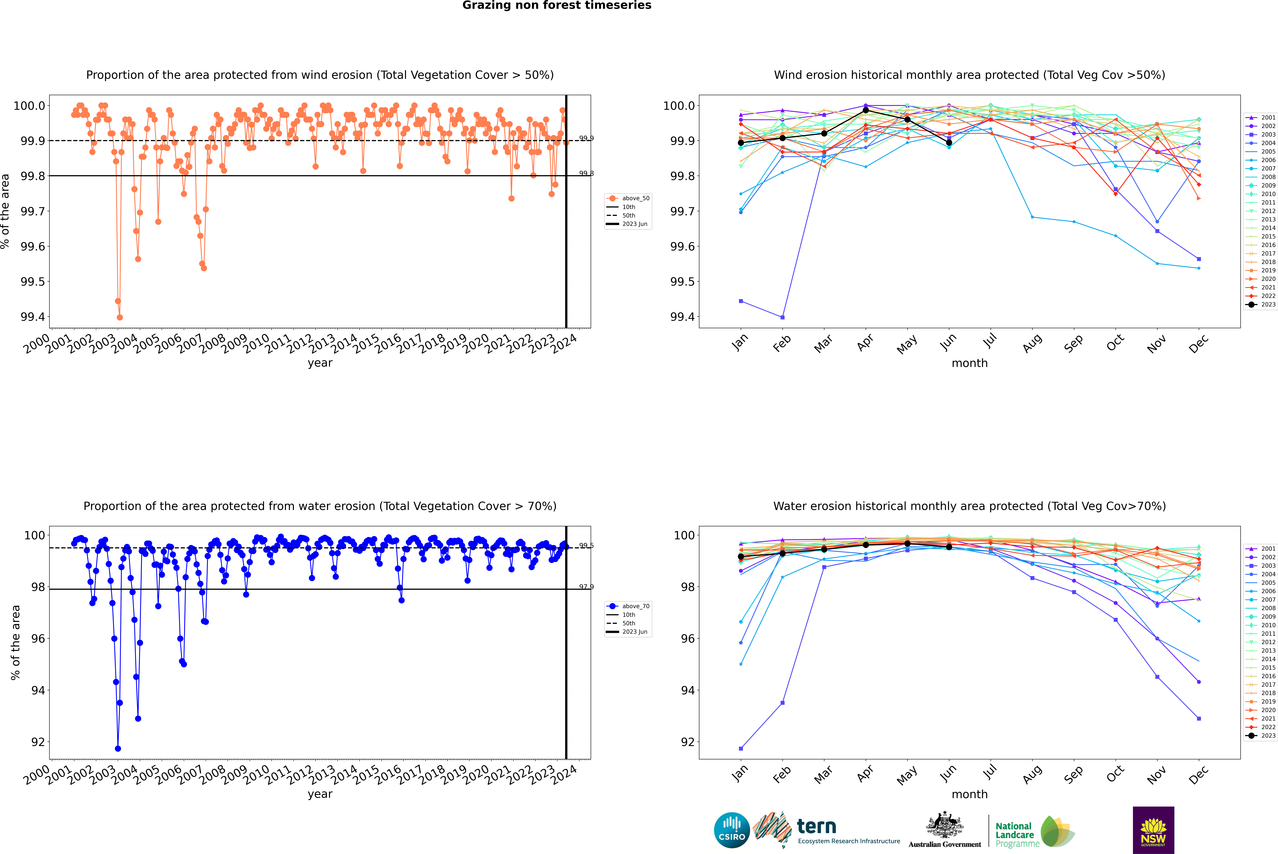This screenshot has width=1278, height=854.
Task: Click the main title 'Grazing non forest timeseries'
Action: [557, 5]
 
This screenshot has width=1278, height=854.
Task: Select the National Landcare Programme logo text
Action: [1014, 834]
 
